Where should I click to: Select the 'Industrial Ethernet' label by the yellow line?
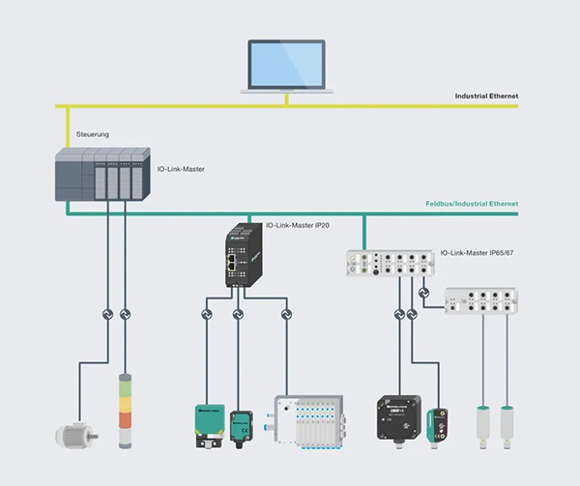(486, 97)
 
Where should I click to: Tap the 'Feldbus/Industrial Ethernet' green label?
(472, 204)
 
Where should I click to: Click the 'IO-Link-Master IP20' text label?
(298, 226)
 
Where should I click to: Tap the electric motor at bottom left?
(73, 434)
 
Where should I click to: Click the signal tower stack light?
(125, 411)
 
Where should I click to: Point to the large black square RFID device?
(401, 415)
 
